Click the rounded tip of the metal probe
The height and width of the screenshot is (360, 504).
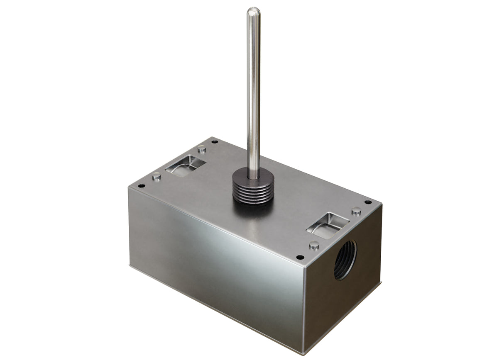253,11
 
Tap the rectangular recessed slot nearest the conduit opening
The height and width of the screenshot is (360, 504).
328,225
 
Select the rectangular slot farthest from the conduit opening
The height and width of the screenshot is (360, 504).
185,165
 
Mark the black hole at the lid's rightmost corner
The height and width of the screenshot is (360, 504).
367,202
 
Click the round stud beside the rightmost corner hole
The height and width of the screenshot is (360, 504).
356,211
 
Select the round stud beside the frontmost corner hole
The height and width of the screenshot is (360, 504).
314,245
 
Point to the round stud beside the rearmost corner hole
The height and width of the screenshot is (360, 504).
202,148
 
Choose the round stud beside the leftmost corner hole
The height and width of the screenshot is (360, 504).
157,176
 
